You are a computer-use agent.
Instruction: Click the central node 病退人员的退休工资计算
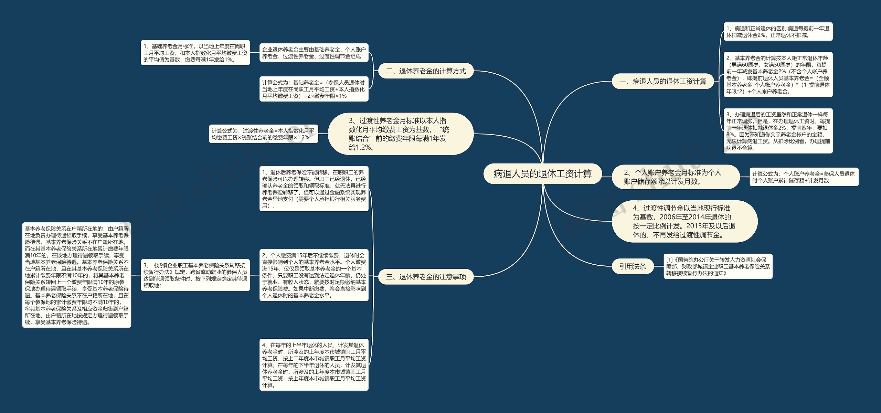pos(543,174)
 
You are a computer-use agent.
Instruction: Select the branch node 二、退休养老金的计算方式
pos(426,71)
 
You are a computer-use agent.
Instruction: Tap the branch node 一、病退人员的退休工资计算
pos(662,82)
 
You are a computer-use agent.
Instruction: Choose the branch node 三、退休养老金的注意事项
pos(426,277)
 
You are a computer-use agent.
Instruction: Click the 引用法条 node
pos(633,266)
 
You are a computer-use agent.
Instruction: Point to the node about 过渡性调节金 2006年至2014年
pos(684,222)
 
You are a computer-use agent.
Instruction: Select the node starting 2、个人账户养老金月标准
pos(675,177)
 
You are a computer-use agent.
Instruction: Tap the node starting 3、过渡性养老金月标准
pos(401,134)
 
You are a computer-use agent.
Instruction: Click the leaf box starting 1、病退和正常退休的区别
pos(778,32)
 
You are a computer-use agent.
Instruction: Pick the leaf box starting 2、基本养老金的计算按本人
pos(778,75)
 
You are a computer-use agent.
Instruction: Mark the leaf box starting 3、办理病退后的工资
pos(778,131)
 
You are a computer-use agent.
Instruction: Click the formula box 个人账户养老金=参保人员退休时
pos(804,177)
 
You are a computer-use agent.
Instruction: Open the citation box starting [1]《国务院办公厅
pos(718,266)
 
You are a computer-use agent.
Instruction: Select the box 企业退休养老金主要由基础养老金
pos(314,53)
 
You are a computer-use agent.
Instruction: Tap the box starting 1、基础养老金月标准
pos(195,53)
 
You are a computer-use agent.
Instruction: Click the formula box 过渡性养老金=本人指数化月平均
pos(263,134)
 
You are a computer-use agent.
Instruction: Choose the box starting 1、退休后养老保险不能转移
pos(314,189)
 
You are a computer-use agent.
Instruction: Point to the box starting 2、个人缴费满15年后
pos(314,275)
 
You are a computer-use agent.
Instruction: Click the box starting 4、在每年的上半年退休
pos(314,365)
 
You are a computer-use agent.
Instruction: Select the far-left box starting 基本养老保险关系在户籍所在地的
pos(77,275)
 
